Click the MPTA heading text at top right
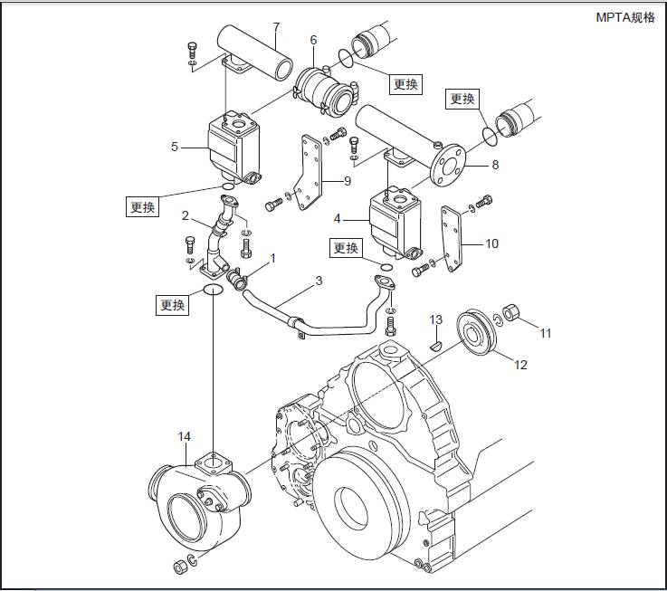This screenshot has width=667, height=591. [x=624, y=17]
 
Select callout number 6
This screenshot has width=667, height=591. [x=313, y=40]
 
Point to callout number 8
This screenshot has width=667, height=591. [x=495, y=166]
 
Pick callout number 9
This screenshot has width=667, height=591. [x=347, y=181]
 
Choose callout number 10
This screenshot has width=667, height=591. [x=491, y=243]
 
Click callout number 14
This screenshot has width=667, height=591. [x=185, y=436]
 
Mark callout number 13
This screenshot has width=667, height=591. [x=435, y=319]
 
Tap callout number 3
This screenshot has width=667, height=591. [x=319, y=281]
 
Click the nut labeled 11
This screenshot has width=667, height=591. [x=510, y=315]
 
